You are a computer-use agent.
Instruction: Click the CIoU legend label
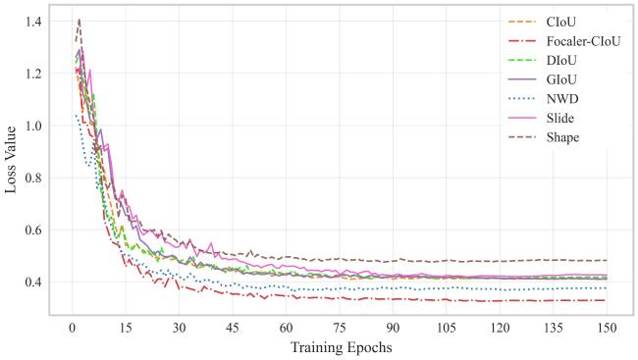pos(561,22)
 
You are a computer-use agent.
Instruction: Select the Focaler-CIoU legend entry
pos(583,41)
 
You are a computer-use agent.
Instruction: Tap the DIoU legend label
pos(561,61)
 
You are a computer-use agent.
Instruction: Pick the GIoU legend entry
pos(561,79)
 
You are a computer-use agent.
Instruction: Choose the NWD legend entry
pos(562,99)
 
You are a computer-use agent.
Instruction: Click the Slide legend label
pos(560,119)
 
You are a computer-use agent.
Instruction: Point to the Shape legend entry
pos(562,137)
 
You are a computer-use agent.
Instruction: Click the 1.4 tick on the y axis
pos(33,22)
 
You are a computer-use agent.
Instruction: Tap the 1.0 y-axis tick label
pos(33,126)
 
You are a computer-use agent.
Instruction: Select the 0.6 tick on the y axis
pos(33,230)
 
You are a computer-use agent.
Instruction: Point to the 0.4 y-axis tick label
pos(33,282)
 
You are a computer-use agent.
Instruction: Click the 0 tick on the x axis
pos(72,328)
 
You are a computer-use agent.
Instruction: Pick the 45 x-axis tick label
pos(233,328)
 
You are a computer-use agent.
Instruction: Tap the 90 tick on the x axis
pos(393,328)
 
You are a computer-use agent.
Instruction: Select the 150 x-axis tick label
pos(607,328)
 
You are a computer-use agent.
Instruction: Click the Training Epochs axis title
pos(341,348)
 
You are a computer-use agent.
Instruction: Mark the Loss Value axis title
pos(11,160)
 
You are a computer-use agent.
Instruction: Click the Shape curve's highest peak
pos(79,19)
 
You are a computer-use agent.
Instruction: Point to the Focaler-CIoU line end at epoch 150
pos(607,300)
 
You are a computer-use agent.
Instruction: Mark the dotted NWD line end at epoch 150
pos(607,288)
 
